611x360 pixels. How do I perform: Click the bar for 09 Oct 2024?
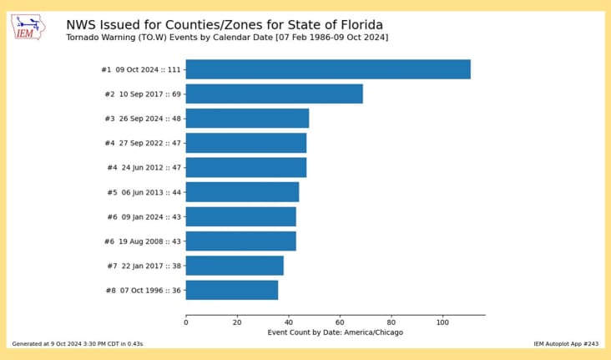pos(327,69)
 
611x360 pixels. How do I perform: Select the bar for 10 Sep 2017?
pos(274,94)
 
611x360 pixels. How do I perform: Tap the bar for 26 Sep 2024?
pos(247,118)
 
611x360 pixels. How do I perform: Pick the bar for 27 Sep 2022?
pos(245,143)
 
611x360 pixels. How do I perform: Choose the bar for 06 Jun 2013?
pos(242,192)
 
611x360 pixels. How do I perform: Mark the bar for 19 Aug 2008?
pos(240,241)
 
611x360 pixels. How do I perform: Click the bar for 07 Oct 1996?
pos(231,290)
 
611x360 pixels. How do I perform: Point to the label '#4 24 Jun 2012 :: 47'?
pos(144,168)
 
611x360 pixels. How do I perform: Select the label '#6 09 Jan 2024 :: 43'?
pos(144,217)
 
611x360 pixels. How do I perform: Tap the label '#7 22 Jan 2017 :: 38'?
pos(144,266)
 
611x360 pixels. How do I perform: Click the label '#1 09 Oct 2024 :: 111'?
pos(141,69)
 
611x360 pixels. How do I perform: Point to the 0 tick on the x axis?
pos(185,322)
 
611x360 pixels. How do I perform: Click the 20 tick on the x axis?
pos(237,322)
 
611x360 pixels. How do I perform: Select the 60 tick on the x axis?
pos(340,322)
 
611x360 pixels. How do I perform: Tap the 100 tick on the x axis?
pos(442,322)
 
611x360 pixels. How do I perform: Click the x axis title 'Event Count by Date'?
pos(335,332)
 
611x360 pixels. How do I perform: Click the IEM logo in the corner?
pos(30,28)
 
